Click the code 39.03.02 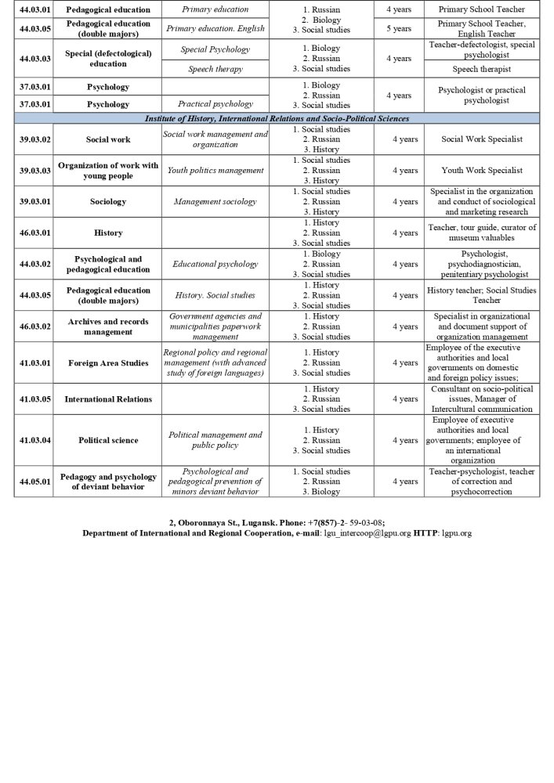(34, 139)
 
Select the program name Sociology (108, 202)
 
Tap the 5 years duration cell (398, 29)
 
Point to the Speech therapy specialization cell (215, 69)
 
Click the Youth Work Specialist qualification (482, 171)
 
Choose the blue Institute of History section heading (277, 118)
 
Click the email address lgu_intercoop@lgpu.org (366, 533)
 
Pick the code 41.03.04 (34, 440)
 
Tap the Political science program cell (108, 440)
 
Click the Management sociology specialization (215, 202)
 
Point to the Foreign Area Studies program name (108, 363)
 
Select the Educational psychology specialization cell (215, 265)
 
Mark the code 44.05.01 (34, 482)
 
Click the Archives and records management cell (108, 327)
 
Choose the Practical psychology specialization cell (215, 104)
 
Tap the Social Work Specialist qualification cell (482, 139)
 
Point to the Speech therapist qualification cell (482, 69)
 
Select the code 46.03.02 (34, 327)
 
